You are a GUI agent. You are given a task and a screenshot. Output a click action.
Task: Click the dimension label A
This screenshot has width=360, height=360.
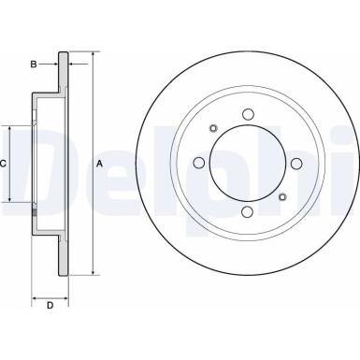pos(100,164)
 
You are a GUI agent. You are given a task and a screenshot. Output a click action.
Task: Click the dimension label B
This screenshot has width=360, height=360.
pos(33,64)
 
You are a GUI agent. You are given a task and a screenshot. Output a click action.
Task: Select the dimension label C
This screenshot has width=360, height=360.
pos(4,164)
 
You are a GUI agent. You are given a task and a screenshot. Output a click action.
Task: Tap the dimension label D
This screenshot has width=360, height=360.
pos(50,304)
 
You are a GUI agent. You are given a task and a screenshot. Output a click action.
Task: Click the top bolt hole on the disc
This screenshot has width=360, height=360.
pos(248,115)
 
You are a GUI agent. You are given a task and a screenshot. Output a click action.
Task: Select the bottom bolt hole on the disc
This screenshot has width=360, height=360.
pos(248,212)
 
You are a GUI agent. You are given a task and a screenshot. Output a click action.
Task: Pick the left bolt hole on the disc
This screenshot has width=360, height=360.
pos(199,164)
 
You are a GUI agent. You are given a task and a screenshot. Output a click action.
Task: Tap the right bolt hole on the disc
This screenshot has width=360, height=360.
pos(296,164)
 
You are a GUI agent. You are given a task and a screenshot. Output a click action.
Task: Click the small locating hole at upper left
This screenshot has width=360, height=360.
pos(213,129)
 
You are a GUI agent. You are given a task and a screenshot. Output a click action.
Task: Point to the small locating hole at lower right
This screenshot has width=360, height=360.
pos(282,197)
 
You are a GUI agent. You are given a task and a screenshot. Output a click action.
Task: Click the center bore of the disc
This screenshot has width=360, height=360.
pos(248,164)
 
